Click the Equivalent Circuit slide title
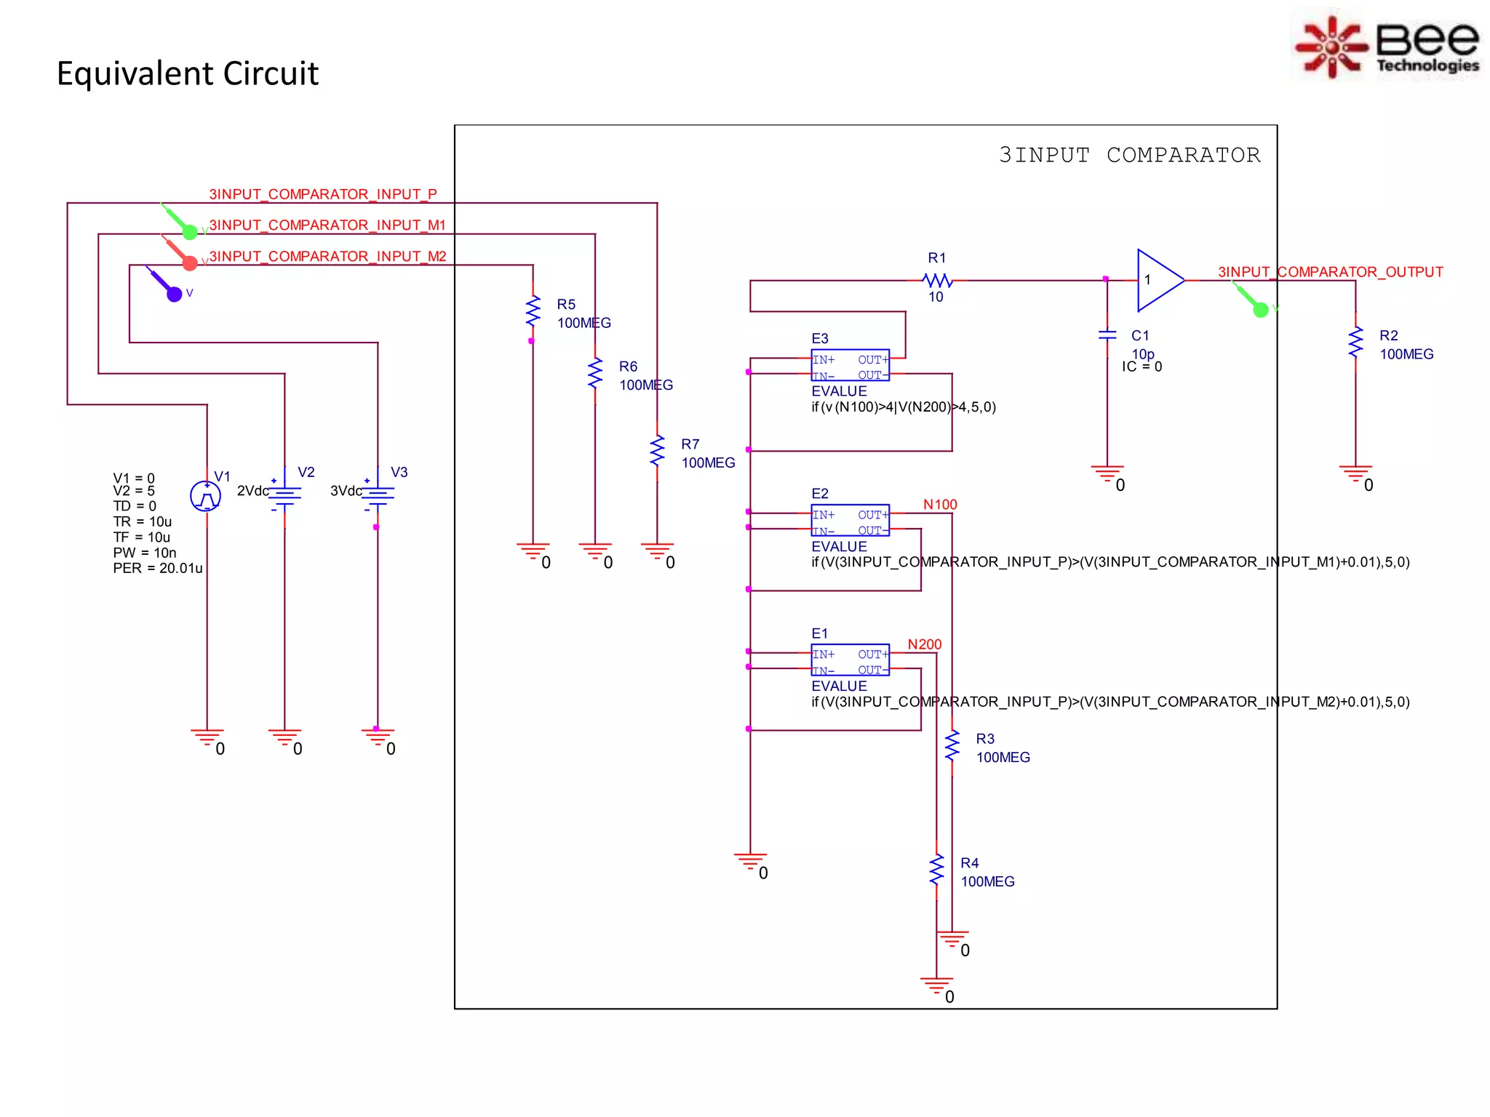[188, 73]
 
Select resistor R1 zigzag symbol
[937, 280]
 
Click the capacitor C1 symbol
[1107, 335]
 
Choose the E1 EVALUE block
[850, 661]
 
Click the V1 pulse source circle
[206, 497]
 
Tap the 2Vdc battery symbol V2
[284, 495]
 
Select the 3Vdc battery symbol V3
[378, 495]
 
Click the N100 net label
[940, 505]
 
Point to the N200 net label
[924, 644]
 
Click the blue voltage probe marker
[173, 293]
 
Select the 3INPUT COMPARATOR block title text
[1129, 155]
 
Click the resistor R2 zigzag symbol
[1355, 343]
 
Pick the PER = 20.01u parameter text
[158, 568]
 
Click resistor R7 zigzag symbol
[657, 451]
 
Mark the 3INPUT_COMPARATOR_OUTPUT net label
[1330, 272]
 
